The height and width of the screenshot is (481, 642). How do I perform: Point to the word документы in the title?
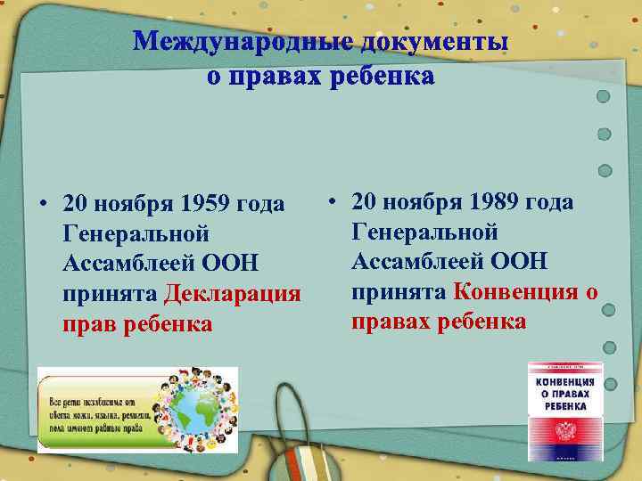pos(434,42)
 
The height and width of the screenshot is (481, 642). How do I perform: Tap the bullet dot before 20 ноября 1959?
pos(43,205)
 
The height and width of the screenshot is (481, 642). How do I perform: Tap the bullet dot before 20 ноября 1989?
pos(332,202)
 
